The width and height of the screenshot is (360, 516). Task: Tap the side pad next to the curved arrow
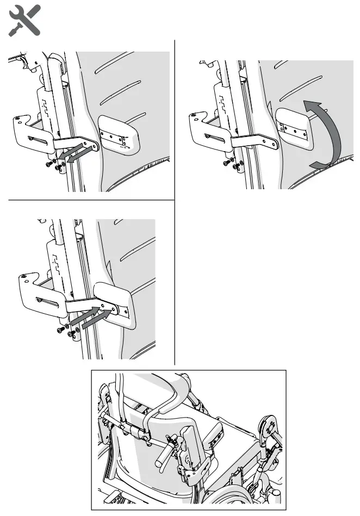pos(294,128)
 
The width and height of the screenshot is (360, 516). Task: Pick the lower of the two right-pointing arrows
pos(96,321)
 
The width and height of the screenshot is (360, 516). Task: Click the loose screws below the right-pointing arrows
pos(65,330)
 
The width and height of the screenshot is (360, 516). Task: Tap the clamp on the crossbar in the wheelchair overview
pos(142,433)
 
